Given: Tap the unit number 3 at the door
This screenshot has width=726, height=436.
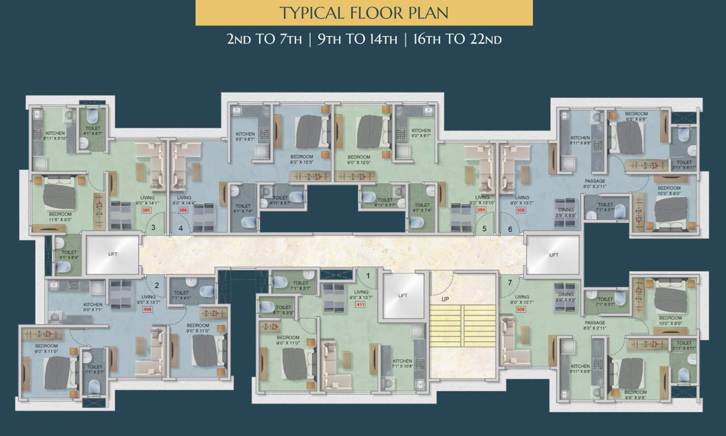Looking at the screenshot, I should click(x=153, y=228).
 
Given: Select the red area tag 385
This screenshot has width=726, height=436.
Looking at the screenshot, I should click(x=146, y=210).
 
